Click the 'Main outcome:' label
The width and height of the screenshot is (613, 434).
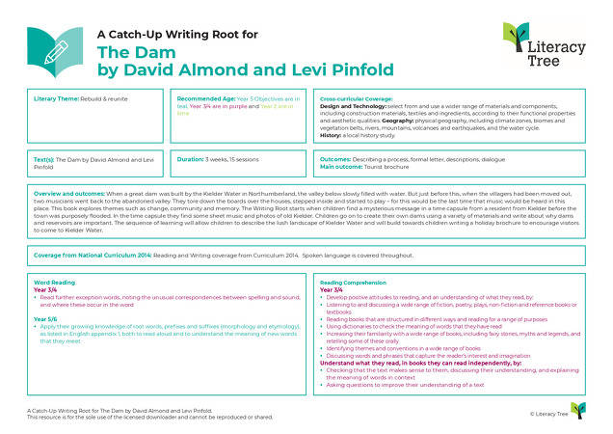pyautogui.click(x=340, y=165)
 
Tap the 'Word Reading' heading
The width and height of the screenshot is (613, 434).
pyautogui.click(x=54, y=282)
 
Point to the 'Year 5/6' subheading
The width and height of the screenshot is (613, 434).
pyautogui.click(x=45, y=317)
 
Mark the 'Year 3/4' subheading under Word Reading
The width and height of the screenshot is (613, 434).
pyautogui.click(x=45, y=289)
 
